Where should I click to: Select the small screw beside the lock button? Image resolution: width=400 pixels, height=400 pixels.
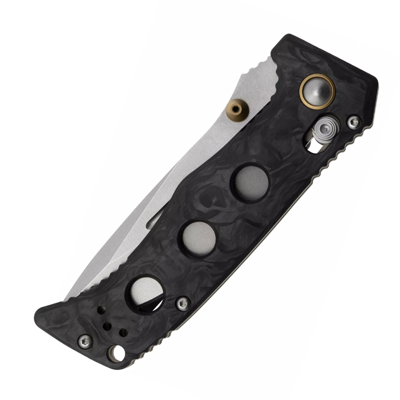(353, 122)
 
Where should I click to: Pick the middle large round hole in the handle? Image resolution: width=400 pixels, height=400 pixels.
(199, 238)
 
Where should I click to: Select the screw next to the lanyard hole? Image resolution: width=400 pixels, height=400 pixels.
(85, 340)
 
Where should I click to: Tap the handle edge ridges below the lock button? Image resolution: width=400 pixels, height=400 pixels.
(332, 160)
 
